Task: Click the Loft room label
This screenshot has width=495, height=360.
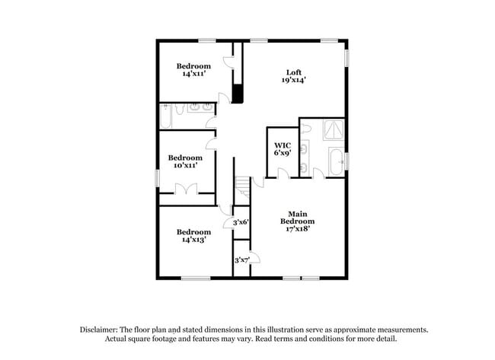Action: coord(294,73)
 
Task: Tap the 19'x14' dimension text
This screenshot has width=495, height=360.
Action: coord(294,81)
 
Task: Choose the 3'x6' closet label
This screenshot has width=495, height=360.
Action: coord(241,222)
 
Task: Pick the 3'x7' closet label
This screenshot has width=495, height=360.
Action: coord(241,260)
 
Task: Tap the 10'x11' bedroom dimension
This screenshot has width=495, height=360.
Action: coord(186,166)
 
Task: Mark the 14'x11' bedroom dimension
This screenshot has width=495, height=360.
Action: coord(193,74)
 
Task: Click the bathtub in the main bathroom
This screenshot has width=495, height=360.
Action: coord(335,161)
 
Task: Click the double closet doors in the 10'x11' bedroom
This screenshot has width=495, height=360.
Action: coord(187,190)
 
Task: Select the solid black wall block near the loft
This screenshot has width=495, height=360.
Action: coord(237,94)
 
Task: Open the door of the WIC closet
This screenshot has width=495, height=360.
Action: coord(283,174)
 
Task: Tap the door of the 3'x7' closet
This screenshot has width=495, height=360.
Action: coord(254,258)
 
